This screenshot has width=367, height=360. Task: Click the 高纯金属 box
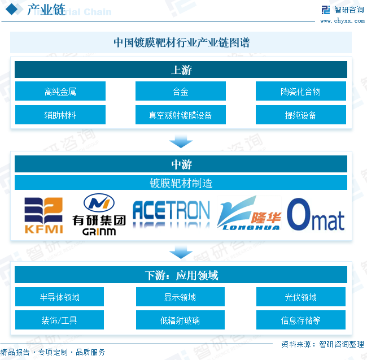tap(60, 92)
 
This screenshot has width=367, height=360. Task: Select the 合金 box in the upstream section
tap(181, 92)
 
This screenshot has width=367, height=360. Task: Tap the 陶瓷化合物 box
tap(301, 92)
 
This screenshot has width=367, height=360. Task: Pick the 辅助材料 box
tap(60, 115)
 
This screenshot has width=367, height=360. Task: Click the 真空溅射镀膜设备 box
tap(181, 115)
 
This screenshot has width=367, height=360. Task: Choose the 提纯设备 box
tap(301, 115)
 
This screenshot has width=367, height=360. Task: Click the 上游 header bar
tap(181, 70)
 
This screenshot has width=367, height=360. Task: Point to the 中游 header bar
tap(181, 164)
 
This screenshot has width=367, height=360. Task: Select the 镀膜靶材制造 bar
tap(181, 183)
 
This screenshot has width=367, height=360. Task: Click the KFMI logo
tap(43, 215)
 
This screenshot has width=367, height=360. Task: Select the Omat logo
tap(316, 215)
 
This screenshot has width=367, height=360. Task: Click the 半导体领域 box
tap(60, 297)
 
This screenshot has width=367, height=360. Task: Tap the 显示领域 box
tap(181, 297)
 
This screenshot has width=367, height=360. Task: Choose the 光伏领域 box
tap(301, 297)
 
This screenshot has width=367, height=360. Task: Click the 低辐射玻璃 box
tap(181, 320)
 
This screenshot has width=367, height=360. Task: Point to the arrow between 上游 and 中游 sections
tap(181, 140)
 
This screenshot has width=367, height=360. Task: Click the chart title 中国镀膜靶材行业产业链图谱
tap(181, 42)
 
